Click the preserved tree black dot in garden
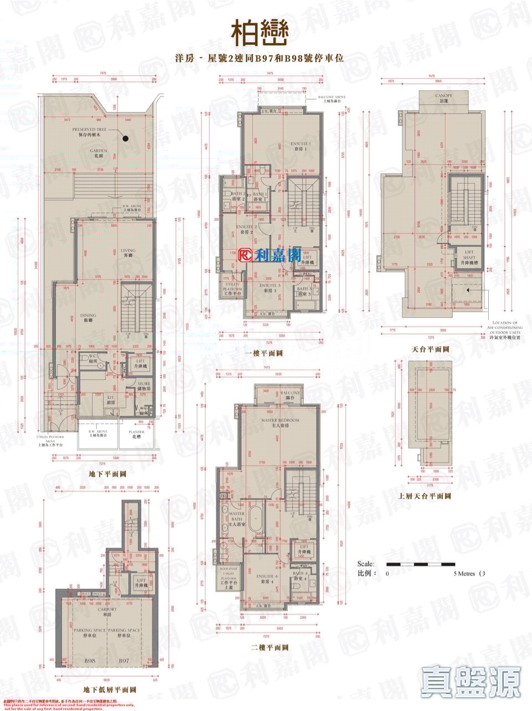(126, 139)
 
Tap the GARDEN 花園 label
(99, 153)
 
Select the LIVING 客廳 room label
(128, 253)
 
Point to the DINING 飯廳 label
(88, 317)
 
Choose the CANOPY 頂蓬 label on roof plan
(443, 98)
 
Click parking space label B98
(90, 661)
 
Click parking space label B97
(124, 661)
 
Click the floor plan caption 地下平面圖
(108, 474)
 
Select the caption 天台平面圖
(430, 350)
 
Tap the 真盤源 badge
(471, 682)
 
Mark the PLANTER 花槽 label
(136, 434)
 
